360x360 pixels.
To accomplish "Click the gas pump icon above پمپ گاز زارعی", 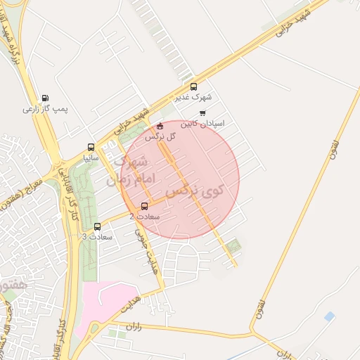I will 46,98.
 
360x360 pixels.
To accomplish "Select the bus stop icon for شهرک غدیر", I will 194,87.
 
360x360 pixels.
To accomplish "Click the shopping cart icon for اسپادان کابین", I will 203,112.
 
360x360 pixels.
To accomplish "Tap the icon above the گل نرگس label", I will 160,127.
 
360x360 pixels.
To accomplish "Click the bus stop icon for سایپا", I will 91,148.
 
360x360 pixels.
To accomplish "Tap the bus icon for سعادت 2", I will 145,206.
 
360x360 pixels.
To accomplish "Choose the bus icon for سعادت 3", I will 97,226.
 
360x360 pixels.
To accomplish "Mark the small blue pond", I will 329,317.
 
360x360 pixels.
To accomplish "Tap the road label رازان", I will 134,327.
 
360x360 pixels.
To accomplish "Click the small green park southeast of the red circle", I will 234,245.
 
